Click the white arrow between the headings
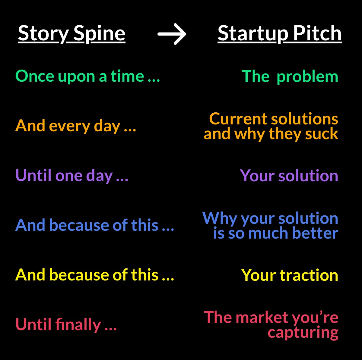pyautogui.click(x=172, y=34)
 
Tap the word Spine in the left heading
pyautogui.click(x=99, y=34)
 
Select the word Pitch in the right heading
pyautogui.click(x=317, y=33)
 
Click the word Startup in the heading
pyautogui.click(x=253, y=34)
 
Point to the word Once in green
pyautogui.click(x=35, y=76)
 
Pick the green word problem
pyautogui.click(x=307, y=77)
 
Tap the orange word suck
pyautogui.click(x=322, y=133)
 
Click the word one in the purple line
pyautogui.click(x=69, y=176)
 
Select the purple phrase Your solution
pyautogui.click(x=289, y=176)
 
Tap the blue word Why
pyautogui.click(x=220, y=218)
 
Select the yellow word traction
pyautogui.click(x=309, y=275)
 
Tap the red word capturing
pyautogui.click(x=303, y=333)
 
